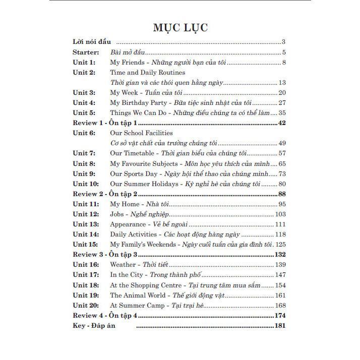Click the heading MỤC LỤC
click(x=180, y=27)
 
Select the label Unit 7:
click(x=84, y=153)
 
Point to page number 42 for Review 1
click(x=282, y=123)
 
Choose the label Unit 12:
click(x=86, y=214)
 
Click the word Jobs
click(x=117, y=214)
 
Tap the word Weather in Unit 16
click(x=123, y=265)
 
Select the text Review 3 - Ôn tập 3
click(x=105, y=255)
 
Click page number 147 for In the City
click(x=280, y=275)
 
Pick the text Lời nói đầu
click(x=92, y=42)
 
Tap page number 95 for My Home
click(x=282, y=204)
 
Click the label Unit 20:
click(x=86, y=306)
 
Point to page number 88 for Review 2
click(x=282, y=194)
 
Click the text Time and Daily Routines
click(x=140, y=73)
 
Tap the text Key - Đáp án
click(x=94, y=326)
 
